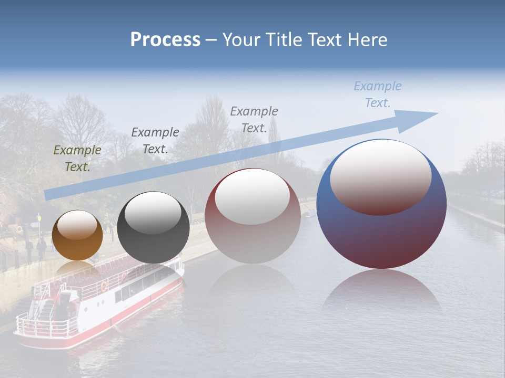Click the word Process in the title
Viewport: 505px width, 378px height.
(x=165, y=40)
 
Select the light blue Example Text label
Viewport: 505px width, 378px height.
(x=377, y=94)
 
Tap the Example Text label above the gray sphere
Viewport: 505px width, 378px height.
(x=155, y=140)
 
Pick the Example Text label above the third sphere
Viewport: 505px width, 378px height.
(x=254, y=119)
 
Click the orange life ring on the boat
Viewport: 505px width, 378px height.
(x=104, y=287)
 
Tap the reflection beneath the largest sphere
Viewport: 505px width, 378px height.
(x=382, y=294)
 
